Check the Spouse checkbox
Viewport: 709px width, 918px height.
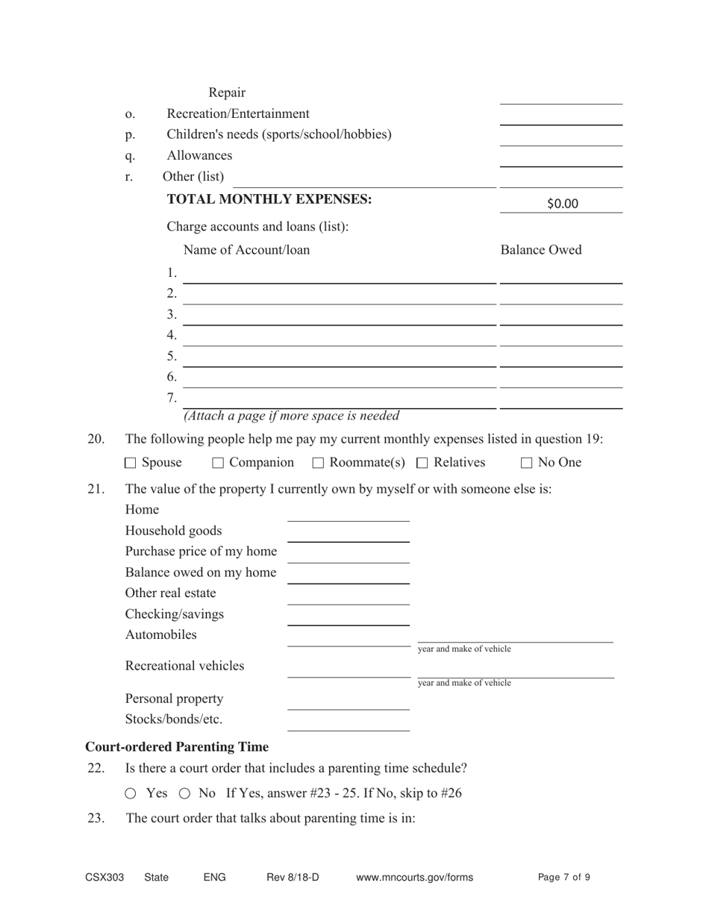131,463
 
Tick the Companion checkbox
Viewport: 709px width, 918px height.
218,463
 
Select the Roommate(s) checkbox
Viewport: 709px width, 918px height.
318,463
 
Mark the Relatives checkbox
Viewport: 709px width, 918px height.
422,463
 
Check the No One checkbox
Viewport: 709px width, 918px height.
526,463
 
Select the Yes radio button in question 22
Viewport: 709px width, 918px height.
131,793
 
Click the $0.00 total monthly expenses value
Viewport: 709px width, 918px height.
561,204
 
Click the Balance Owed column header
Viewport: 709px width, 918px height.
540,250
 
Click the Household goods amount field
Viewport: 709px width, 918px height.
349,533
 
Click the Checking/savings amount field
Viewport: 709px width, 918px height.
349,616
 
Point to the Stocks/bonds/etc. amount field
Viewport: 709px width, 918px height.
349,722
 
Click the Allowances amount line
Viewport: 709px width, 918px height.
560,157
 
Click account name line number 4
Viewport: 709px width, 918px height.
340,337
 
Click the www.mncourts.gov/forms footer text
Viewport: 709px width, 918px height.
414,878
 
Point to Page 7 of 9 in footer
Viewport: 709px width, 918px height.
563,878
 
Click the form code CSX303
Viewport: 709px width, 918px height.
104,878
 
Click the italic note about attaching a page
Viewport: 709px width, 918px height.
291,416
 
